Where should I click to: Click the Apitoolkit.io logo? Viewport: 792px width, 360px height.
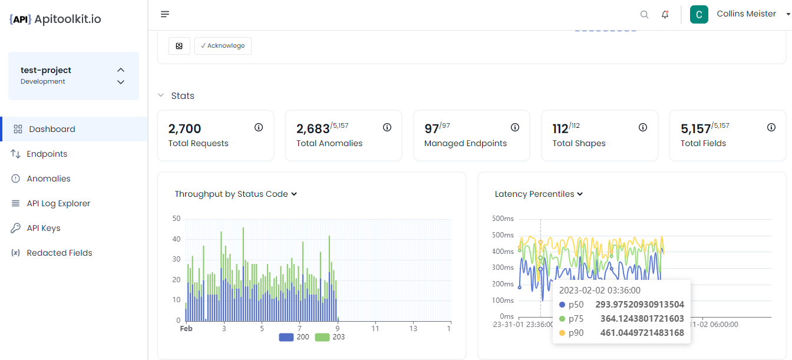[55, 19]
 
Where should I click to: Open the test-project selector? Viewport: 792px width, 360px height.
[74, 75]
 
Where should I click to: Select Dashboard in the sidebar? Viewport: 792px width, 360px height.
[52, 129]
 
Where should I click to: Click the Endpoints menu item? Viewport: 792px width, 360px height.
[47, 154]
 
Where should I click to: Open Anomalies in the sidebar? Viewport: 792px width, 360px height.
[48, 179]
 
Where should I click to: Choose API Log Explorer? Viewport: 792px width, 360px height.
[58, 203]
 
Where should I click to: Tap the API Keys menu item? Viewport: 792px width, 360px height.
[43, 228]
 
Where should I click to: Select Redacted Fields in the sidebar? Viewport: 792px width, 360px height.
[59, 253]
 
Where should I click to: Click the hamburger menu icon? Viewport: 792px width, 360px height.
[165, 14]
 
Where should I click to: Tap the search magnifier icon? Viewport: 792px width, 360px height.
[644, 15]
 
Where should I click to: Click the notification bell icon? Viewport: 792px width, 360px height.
[665, 15]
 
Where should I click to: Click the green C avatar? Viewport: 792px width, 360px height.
[699, 15]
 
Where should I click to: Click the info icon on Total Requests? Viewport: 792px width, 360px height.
[259, 127]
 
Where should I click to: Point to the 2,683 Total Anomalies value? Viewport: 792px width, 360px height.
[312, 129]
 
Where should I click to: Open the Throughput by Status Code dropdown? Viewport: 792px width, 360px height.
[236, 194]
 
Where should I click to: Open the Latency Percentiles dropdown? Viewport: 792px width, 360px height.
[539, 194]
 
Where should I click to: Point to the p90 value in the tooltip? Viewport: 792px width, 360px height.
[647, 333]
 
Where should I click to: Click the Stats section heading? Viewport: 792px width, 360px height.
[182, 95]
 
